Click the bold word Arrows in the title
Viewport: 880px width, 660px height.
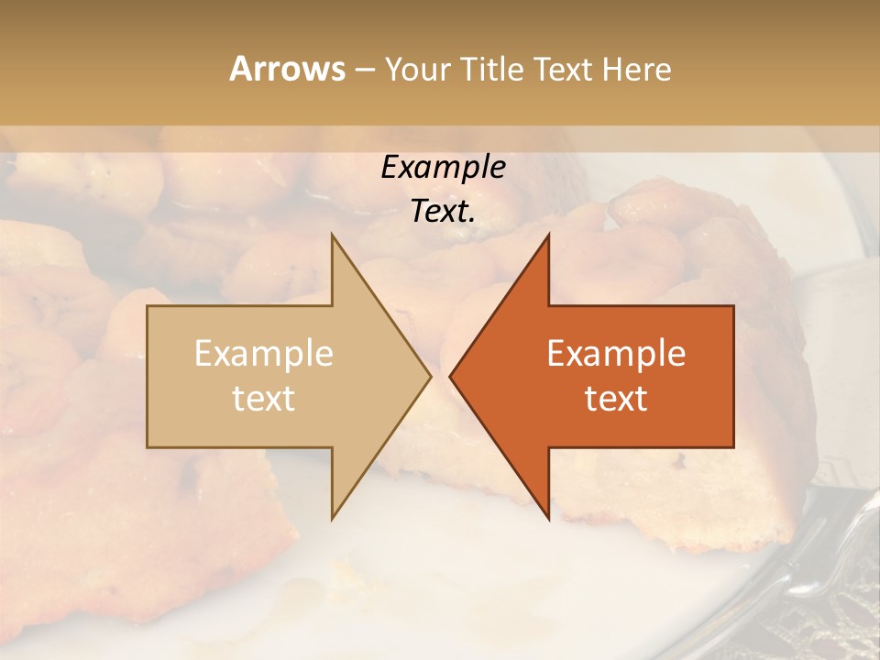(x=287, y=70)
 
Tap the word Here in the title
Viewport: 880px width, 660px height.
(x=636, y=70)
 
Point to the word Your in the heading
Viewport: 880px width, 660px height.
(x=416, y=70)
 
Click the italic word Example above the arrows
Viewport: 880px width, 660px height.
(x=444, y=168)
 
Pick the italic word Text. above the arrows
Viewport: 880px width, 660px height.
(x=441, y=212)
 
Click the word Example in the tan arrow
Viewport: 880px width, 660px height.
(x=264, y=354)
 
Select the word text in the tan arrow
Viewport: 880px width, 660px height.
(x=264, y=399)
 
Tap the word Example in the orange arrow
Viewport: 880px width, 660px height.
(x=616, y=354)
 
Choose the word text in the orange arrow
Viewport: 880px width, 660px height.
(x=616, y=399)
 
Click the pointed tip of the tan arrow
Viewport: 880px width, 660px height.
(x=429, y=376)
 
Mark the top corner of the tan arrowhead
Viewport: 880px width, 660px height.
(x=333, y=236)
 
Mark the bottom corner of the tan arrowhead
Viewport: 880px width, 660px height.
(x=333, y=517)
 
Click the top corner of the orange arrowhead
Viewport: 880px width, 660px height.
(x=548, y=236)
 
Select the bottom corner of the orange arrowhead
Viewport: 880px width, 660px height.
(x=548, y=517)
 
